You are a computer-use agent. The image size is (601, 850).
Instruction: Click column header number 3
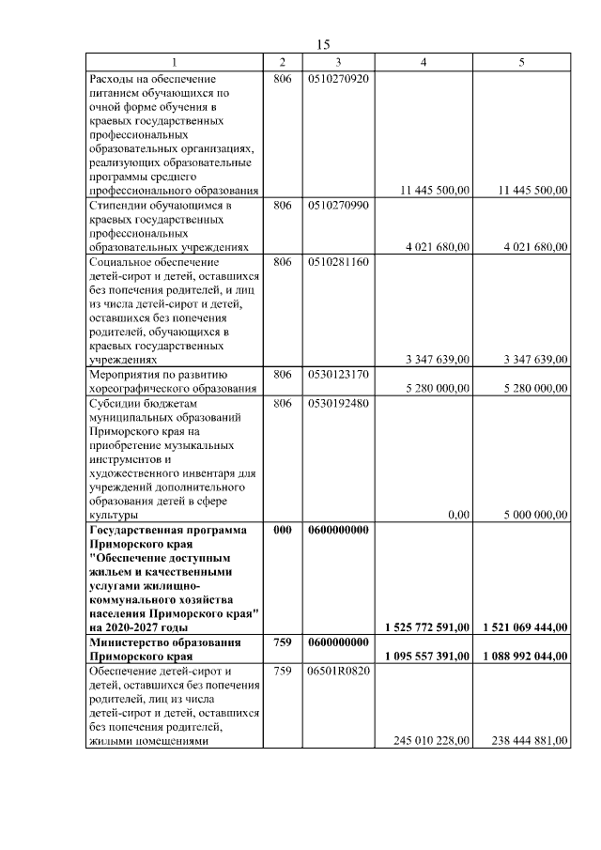(x=338, y=62)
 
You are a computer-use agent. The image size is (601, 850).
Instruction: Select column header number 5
(x=522, y=62)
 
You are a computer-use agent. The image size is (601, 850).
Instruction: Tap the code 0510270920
(x=338, y=79)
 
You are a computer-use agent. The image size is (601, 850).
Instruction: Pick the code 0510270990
(x=338, y=205)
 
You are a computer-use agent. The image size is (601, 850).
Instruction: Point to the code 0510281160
(x=338, y=262)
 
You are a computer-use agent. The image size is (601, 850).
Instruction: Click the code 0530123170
(x=338, y=375)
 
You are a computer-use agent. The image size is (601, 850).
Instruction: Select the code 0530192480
(x=338, y=403)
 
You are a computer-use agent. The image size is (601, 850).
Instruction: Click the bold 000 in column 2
(x=282, y=530)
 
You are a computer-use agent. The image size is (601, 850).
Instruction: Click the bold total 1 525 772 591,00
(x=427, y=627)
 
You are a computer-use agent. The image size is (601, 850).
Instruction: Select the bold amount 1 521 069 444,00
(x=525, y=627)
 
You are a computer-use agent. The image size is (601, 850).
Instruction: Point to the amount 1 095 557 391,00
(x=427, y=657)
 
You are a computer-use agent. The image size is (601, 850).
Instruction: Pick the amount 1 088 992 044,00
(x=525, y=657)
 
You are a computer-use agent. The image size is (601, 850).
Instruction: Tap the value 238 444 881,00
(x=530, y=741)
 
